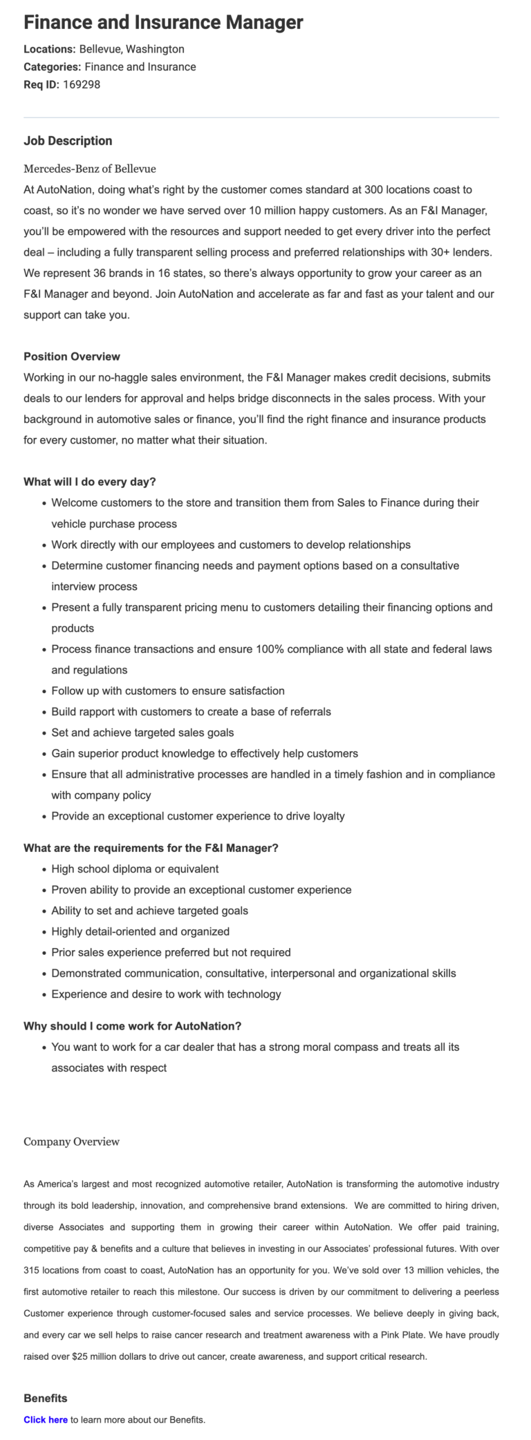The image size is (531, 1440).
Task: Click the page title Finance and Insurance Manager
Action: tap(163, 23)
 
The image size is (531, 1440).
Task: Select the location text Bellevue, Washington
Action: tap(131, 49)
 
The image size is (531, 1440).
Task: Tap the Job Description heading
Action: tap(68, 141)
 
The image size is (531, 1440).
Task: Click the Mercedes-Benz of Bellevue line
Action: tap(90, 169)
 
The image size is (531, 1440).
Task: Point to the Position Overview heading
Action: tap(72, 357)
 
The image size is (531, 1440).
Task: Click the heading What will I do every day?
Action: tap(90, 482)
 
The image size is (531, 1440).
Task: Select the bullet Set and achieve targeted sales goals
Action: tap(142, 732)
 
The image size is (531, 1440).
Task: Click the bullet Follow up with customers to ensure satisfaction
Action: tap(168, 691)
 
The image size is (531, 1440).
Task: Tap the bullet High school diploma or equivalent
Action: tap(135, 869)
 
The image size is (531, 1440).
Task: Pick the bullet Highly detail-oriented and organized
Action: tap(140, 931)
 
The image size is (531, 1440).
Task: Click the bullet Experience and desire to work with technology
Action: tap(166, 994)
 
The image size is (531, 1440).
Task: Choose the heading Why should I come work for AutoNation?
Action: tap(133, 1026)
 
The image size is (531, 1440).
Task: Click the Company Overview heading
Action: tap(72, 1141)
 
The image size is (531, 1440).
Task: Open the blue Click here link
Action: tap(46, 1420)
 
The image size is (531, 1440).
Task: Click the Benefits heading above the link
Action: tap(46, 1399)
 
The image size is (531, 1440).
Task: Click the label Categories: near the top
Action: tap(53, 67)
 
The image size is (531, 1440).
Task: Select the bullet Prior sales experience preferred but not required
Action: tap(171, 952)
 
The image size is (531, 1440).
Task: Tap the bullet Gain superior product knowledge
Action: tap(205, 753)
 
